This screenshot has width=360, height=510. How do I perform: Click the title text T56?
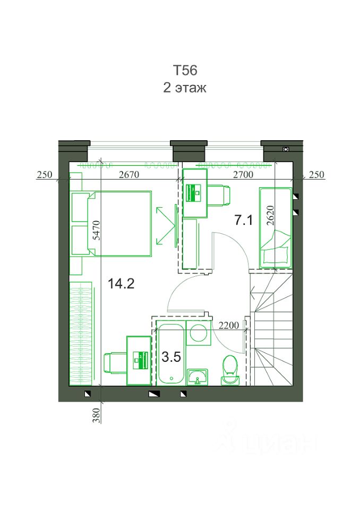click(x=185, y=70)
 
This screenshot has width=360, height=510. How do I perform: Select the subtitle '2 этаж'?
click(x=185, y=88)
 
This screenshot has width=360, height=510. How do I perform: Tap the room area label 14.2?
click(x=121, y=284)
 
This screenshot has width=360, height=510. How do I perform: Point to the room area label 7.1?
click(x=244, y=220)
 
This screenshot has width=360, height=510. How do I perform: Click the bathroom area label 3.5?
click(x=171, y=357)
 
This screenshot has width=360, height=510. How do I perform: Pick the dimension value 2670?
click(x=129, y=175)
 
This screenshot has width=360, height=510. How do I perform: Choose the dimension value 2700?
click(x=243, y=175)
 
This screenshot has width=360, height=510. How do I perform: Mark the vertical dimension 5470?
click(x=97, y=230)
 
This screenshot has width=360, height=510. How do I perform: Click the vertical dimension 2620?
click(x=270, y=215)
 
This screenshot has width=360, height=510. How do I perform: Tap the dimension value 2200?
click(x=229, y=325)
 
